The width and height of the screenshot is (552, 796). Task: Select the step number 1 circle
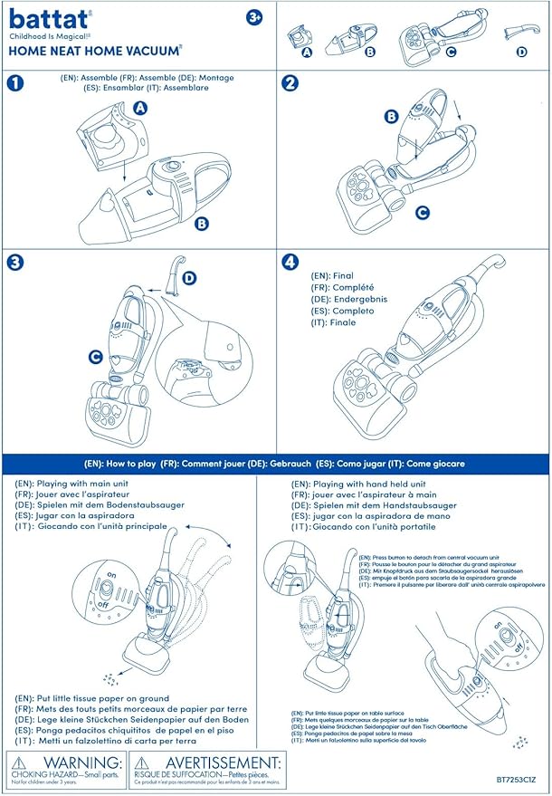(14, 83)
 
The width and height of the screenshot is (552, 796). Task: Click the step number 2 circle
(290, 83)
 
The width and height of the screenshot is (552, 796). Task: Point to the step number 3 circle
(14, 263)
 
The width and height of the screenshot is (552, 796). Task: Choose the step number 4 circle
(290, 263)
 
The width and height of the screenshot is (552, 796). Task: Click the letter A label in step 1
(140, 108)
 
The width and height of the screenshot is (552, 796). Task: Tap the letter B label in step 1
(202, 222)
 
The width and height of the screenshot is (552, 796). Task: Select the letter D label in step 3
(190, 278)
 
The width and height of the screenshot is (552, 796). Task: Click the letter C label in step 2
(421, 213)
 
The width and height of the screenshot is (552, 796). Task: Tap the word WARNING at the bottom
(79, 763)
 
